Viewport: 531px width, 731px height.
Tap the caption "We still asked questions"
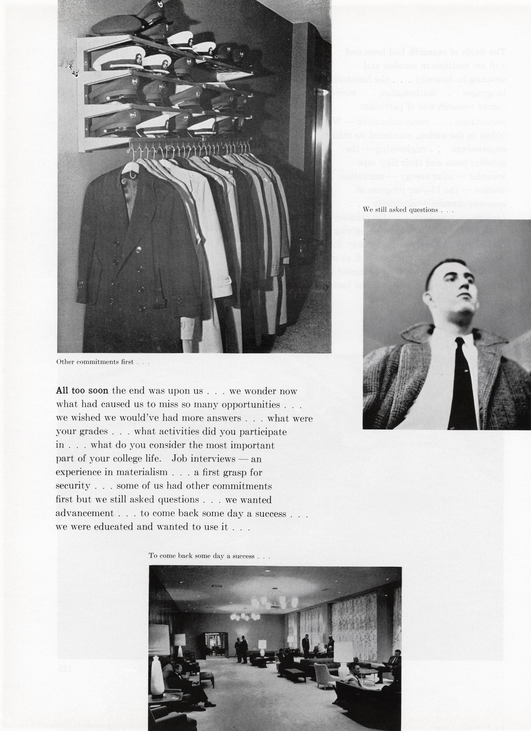[x=408, y=209]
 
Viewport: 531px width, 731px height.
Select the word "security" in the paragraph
[x=73, y=486]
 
